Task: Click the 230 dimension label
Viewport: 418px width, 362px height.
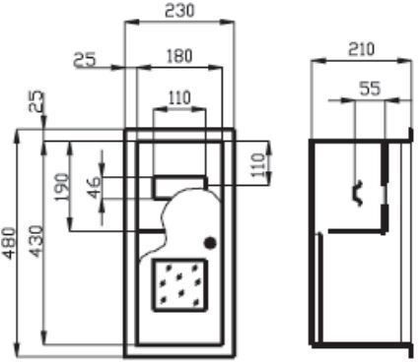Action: click(179, 10)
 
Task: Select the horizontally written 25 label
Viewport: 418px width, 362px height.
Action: click(85, 60)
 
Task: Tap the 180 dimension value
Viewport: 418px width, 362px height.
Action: click(179, 56)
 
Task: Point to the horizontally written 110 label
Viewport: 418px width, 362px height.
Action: click(179, 97)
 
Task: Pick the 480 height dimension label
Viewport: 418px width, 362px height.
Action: click(9, 243)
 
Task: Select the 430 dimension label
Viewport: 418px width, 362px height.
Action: click(36, 241)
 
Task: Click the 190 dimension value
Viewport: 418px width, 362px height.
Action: click(62, 188)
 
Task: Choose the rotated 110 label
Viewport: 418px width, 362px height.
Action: click(259, 165)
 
